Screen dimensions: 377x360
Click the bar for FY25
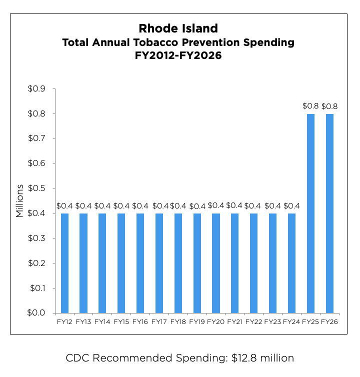[310, 213]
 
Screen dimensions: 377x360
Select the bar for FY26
[329, 213]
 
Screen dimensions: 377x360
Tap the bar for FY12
[64, 263]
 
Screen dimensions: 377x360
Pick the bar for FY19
[197, 263]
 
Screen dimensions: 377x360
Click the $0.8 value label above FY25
[310, 106]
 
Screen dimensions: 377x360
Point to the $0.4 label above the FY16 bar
[140, 205]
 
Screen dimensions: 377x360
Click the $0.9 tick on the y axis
[37, 89]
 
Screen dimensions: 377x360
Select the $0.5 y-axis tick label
[37, 188]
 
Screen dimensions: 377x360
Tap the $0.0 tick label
[37, 313]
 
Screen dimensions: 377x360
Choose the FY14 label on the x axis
[102, 322]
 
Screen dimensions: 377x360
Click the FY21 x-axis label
[234, 322]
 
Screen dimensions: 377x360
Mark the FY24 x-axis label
[291, 322]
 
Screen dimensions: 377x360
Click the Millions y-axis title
[19, 201]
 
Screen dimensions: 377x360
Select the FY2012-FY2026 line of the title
[178, 56]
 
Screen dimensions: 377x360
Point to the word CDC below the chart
[77, 358]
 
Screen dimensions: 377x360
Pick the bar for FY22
[253, 263]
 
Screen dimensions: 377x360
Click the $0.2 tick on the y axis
[37, 263]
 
